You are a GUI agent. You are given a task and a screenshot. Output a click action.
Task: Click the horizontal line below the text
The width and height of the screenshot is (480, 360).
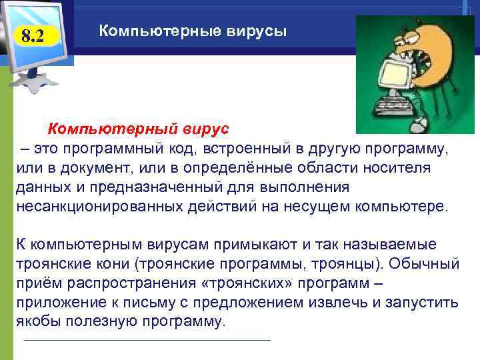[147, 341]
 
